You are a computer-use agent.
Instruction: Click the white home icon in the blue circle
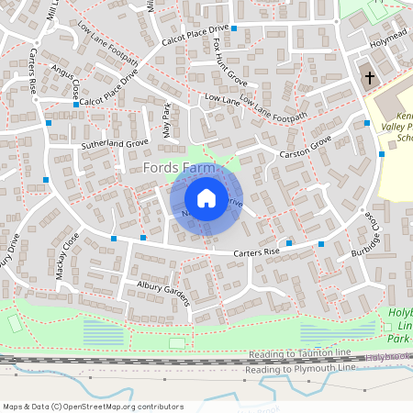206,197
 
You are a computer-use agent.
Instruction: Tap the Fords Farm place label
180,168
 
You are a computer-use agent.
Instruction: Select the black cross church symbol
371,78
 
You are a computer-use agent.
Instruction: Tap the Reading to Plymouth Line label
297,369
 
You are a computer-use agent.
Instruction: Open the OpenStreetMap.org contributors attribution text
93,407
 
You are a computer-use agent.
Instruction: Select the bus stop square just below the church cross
366,121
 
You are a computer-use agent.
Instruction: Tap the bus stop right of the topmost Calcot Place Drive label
234,29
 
